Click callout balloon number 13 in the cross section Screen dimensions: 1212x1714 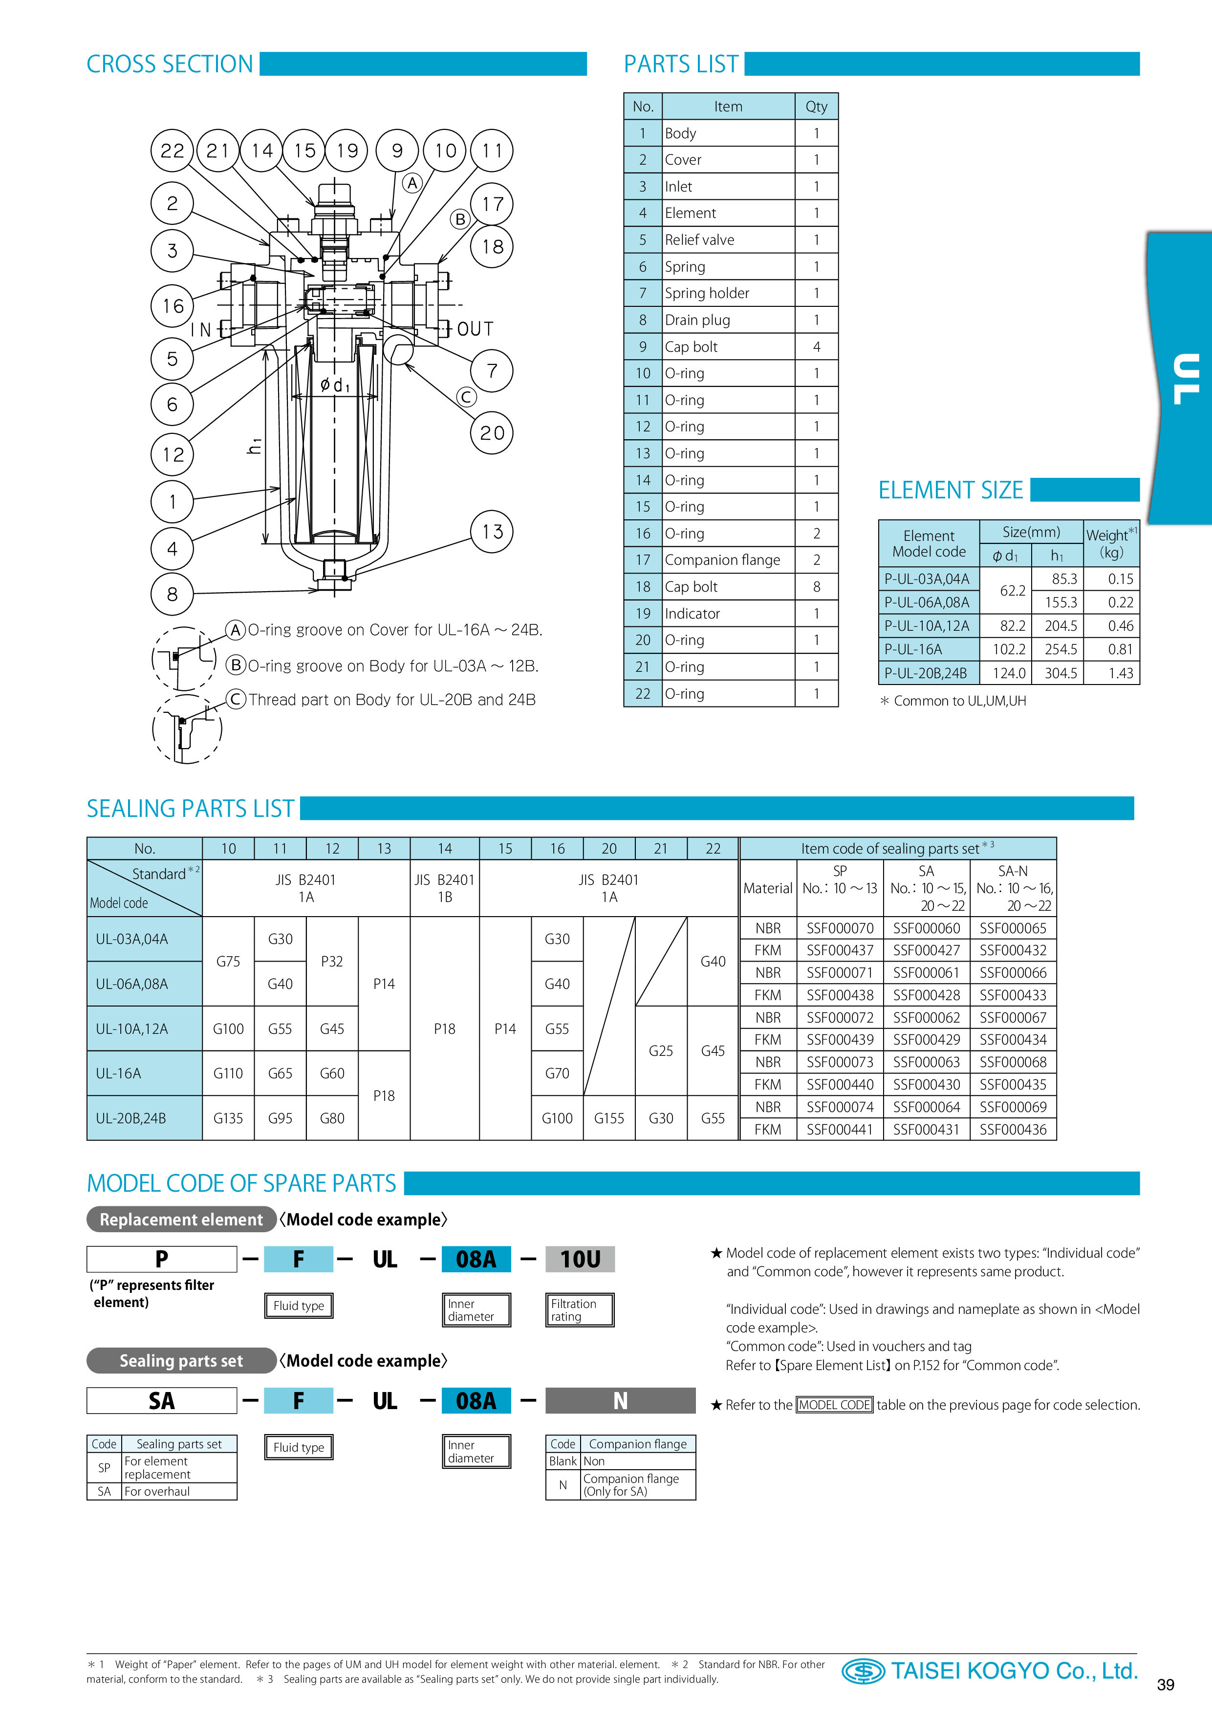pyautogui.click(x=492, y=532)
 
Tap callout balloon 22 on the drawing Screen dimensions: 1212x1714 pyautogui.click(x=173, y=151)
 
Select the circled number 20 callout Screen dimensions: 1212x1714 pyautogui.click(x=492, y=432)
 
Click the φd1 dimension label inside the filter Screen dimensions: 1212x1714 pyautogui.click(x=335, y=385)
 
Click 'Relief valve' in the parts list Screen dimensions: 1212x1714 pyautogui.click(x=700, y=239)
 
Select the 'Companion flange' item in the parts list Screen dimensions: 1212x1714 pyautogui.click(x=722, y=560)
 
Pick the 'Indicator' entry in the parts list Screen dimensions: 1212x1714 pyautogui.click(x=692, y=614)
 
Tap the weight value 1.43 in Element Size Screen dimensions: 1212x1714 pyautogui.click(x=1120, y=673)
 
